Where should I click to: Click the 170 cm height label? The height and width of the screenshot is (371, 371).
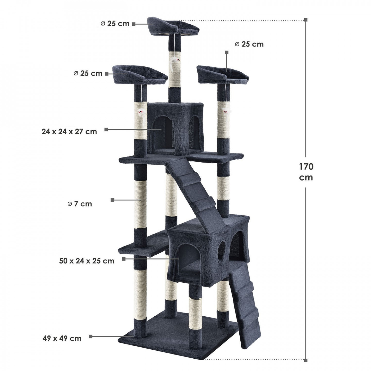[306, 172]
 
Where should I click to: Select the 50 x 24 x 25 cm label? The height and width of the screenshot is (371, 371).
[87, 261]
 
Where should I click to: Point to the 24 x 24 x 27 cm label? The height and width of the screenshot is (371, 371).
[69, 132]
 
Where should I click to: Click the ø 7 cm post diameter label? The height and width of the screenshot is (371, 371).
[80, 204]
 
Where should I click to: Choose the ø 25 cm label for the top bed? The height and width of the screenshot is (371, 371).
[115, 24]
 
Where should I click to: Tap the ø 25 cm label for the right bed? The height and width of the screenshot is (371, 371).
[249, 44]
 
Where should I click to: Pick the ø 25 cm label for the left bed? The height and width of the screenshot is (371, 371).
[88, 73]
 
